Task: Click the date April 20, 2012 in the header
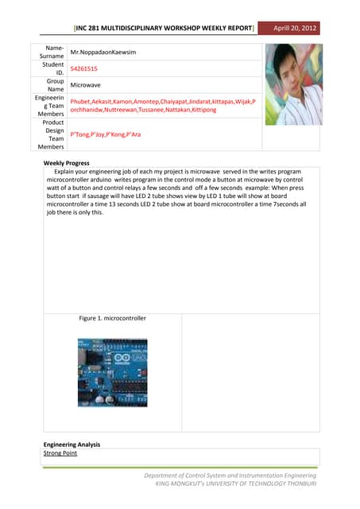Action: click(295, 29)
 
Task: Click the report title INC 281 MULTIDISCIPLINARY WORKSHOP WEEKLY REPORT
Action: click(164, 29)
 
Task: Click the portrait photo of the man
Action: click(293, 84)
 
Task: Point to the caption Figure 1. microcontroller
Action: click(113, 318)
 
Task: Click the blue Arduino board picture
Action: click(112, 373)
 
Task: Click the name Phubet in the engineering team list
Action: click(80, 103)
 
